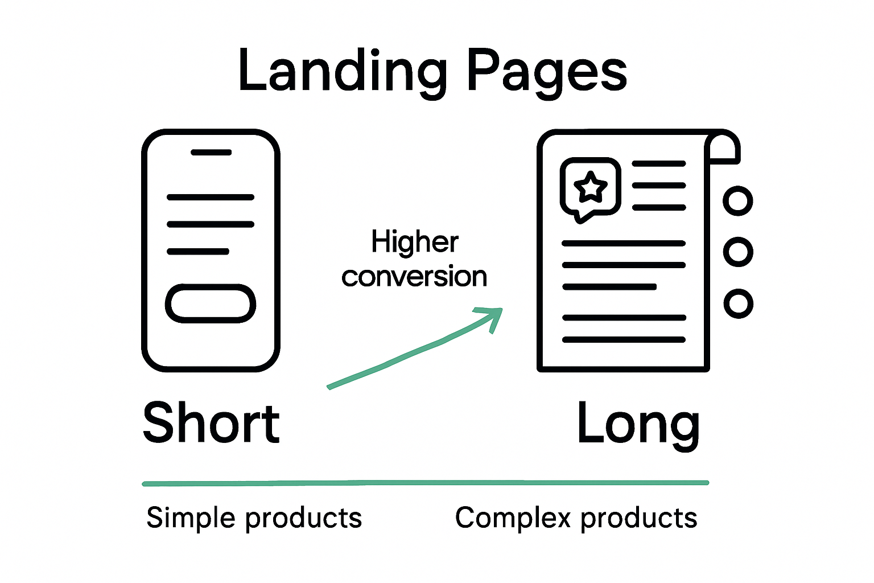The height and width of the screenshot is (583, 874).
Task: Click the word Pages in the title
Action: pyautogui.click(x=546, y=71)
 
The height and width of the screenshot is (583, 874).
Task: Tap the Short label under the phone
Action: pyautogui.click(x=211, y=422)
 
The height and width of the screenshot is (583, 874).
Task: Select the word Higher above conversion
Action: pyautogui.click(x=414, y=242)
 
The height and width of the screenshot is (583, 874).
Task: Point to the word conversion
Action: pyautogui.click(x=414, y=277)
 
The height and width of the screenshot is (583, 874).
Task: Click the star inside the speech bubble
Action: pyautogui.click(x=591, y=187)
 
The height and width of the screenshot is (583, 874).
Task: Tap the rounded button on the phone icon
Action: pyautogui.click(x=211, y=303)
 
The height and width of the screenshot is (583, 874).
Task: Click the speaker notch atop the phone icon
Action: pyautogui.click(x=211, y=153)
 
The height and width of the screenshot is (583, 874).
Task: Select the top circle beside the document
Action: pyautogui.click(x=738, y=201)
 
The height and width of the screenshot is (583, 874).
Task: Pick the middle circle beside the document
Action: pyautogui.click(x=738, y=252)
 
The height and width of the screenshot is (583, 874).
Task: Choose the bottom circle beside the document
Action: pyautogui.click(x=738, y=303)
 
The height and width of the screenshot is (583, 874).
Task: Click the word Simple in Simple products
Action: pyautogui.click(x=191, y=518)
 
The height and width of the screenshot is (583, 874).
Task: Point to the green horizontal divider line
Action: pyautogui.click(x=425, y=483)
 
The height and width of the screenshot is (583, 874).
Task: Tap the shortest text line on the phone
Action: pyautogui.click(x=198, y=251)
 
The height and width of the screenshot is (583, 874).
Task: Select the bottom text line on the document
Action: pyautogui.click(x=624, y=340)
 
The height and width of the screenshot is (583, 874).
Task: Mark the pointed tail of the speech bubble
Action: pyautogui.click(x=579, y=218)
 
